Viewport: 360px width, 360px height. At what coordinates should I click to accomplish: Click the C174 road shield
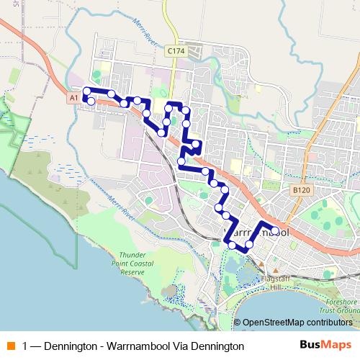pyautogui.click(x=175, y=51)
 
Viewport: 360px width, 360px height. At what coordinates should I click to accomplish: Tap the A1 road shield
pyautogui.click(x=73, y=96)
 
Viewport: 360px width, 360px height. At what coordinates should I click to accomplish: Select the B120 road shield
pyautogui.click(x=302, y=187)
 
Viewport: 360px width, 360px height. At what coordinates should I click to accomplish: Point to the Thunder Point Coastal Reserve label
pyautogui.click(x=122, y=264)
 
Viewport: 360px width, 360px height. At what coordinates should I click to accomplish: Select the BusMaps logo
pyautogui.click(x=321, y=345)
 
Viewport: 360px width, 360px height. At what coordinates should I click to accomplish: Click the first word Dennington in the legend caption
pyautogui.click(x=68, y=346)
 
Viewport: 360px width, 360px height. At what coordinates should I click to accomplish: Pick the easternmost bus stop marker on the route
pyautogui.click(x=275, y=233)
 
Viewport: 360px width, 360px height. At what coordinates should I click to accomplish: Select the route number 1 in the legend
pyautogui.click(x=26, y=346)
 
